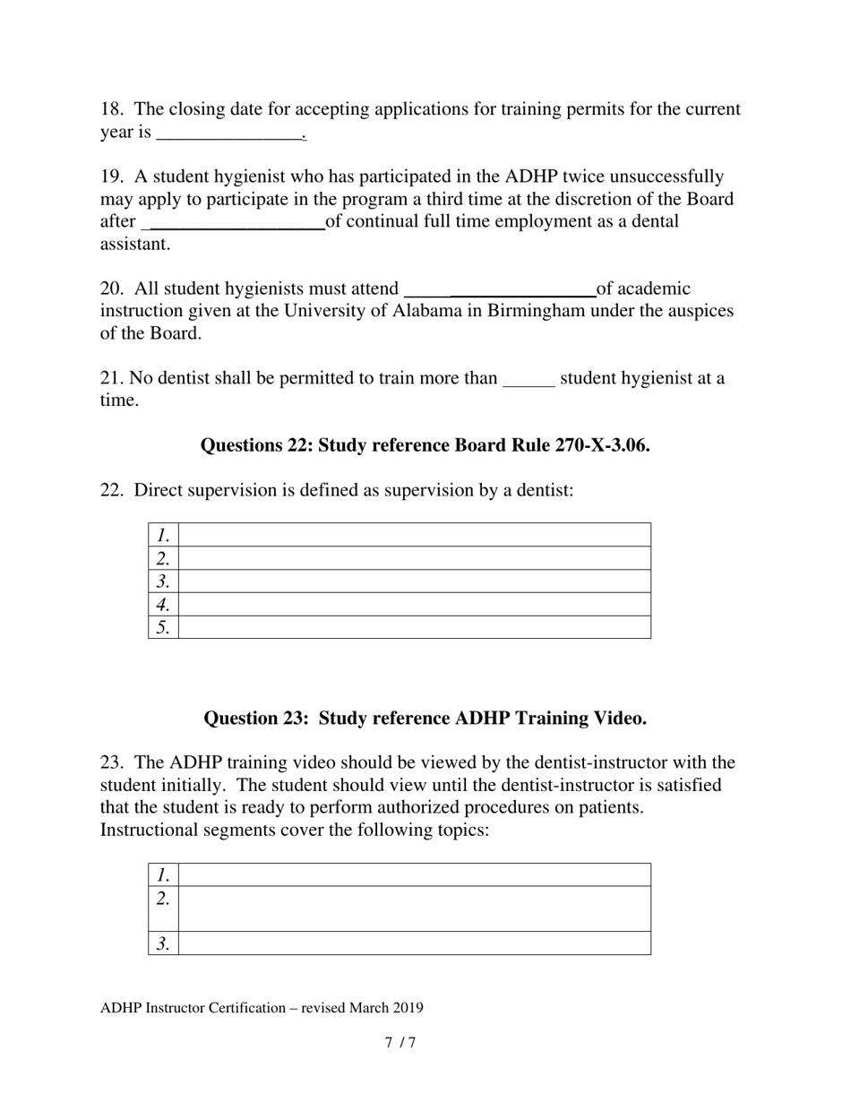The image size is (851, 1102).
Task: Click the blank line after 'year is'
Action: click(x=230, y=133)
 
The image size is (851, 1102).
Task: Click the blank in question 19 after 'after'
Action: click(x=234, y=221)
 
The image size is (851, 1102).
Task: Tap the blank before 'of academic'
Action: click(x=500, y=289)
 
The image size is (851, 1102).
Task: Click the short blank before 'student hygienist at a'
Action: click(x=529, y=379)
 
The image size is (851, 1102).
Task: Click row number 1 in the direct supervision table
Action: click(x=163, y=536)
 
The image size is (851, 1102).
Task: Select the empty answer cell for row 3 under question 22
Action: click(x=414, y=581)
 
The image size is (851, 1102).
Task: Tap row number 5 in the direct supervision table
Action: click(x=163, y=627)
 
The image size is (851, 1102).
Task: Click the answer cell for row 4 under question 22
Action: click(x=414, y=604)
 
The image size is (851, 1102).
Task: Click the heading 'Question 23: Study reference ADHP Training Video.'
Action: click(x=425, y=719)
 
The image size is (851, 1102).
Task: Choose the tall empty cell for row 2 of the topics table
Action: click(x=414, y=908)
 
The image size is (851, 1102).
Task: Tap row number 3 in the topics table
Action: click(x=163, y=943)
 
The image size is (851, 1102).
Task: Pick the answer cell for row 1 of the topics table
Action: click(x=414, y=874)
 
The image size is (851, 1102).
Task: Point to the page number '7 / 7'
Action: click(x=400, y=1043)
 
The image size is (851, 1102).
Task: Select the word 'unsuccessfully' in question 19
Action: click(x=666, y=176)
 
